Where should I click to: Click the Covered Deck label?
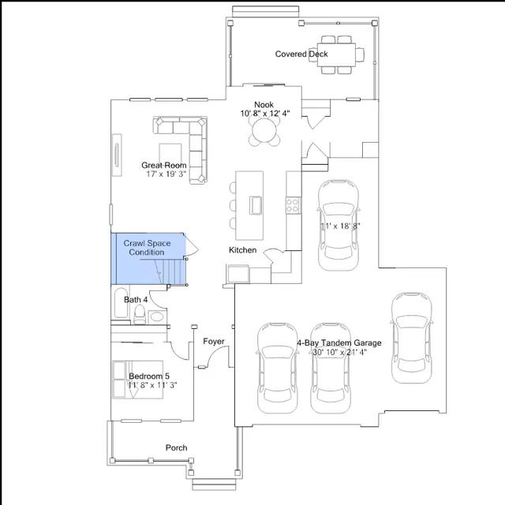click(301, 54)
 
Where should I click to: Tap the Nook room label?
click(264, 105)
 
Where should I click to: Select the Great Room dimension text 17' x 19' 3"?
click(166, 174)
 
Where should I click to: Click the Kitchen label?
click(242, 250)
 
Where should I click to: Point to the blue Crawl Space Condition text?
click(147, 248)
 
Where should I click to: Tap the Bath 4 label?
click(136, 300)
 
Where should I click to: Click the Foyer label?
click(214, 341)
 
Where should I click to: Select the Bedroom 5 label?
click(149, 376)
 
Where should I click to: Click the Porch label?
click(176, 447)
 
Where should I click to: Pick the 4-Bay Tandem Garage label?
click(339, 342)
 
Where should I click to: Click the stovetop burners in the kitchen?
click(293, 205)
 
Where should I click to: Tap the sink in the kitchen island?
click(256, 205)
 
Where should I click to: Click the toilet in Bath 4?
click(140, 314)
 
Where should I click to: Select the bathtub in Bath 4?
click(121, 303)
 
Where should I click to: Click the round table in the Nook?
click(264, 130)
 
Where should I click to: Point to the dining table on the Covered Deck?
click(336, 54)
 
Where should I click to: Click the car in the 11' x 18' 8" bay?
click(339, 225)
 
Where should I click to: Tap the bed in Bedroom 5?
click(137, 380)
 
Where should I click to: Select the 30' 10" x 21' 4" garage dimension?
click(340, 352)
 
